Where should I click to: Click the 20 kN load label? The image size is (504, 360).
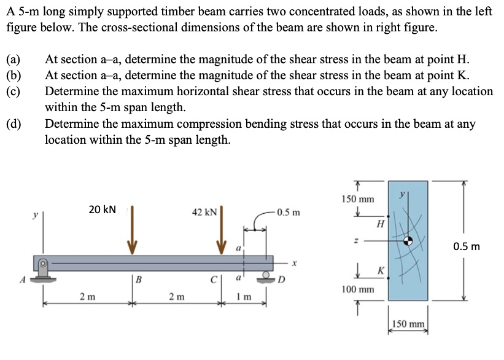point(102,209)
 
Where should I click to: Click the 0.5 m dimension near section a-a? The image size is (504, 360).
point(288,213)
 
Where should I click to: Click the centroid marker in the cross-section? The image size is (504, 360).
point(408,241)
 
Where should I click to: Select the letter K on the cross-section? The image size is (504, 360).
point(381,271)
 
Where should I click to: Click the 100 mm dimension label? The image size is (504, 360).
point(358,288)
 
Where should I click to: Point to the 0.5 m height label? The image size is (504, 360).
point(467,247)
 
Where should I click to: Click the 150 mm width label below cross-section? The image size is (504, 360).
point(408,324)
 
